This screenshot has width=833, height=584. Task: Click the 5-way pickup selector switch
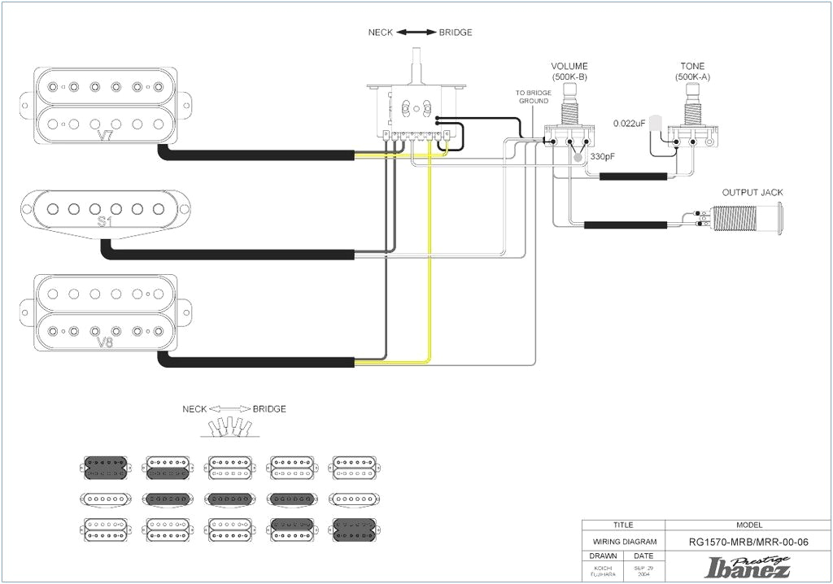(415, 110)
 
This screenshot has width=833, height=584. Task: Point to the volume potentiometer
(569, 130)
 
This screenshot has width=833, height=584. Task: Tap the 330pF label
(602, 156)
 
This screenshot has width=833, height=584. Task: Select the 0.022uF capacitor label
(629, 123)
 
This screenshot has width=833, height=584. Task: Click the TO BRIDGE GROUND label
(534, 97)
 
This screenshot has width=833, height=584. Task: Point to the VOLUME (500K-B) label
(569, 71)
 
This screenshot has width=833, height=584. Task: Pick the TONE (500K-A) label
(692, 71)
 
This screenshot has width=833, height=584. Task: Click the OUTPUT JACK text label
(752, 193)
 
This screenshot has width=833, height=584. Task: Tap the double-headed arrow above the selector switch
(416, 33)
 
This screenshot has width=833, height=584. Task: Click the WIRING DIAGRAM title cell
(623, 542)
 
